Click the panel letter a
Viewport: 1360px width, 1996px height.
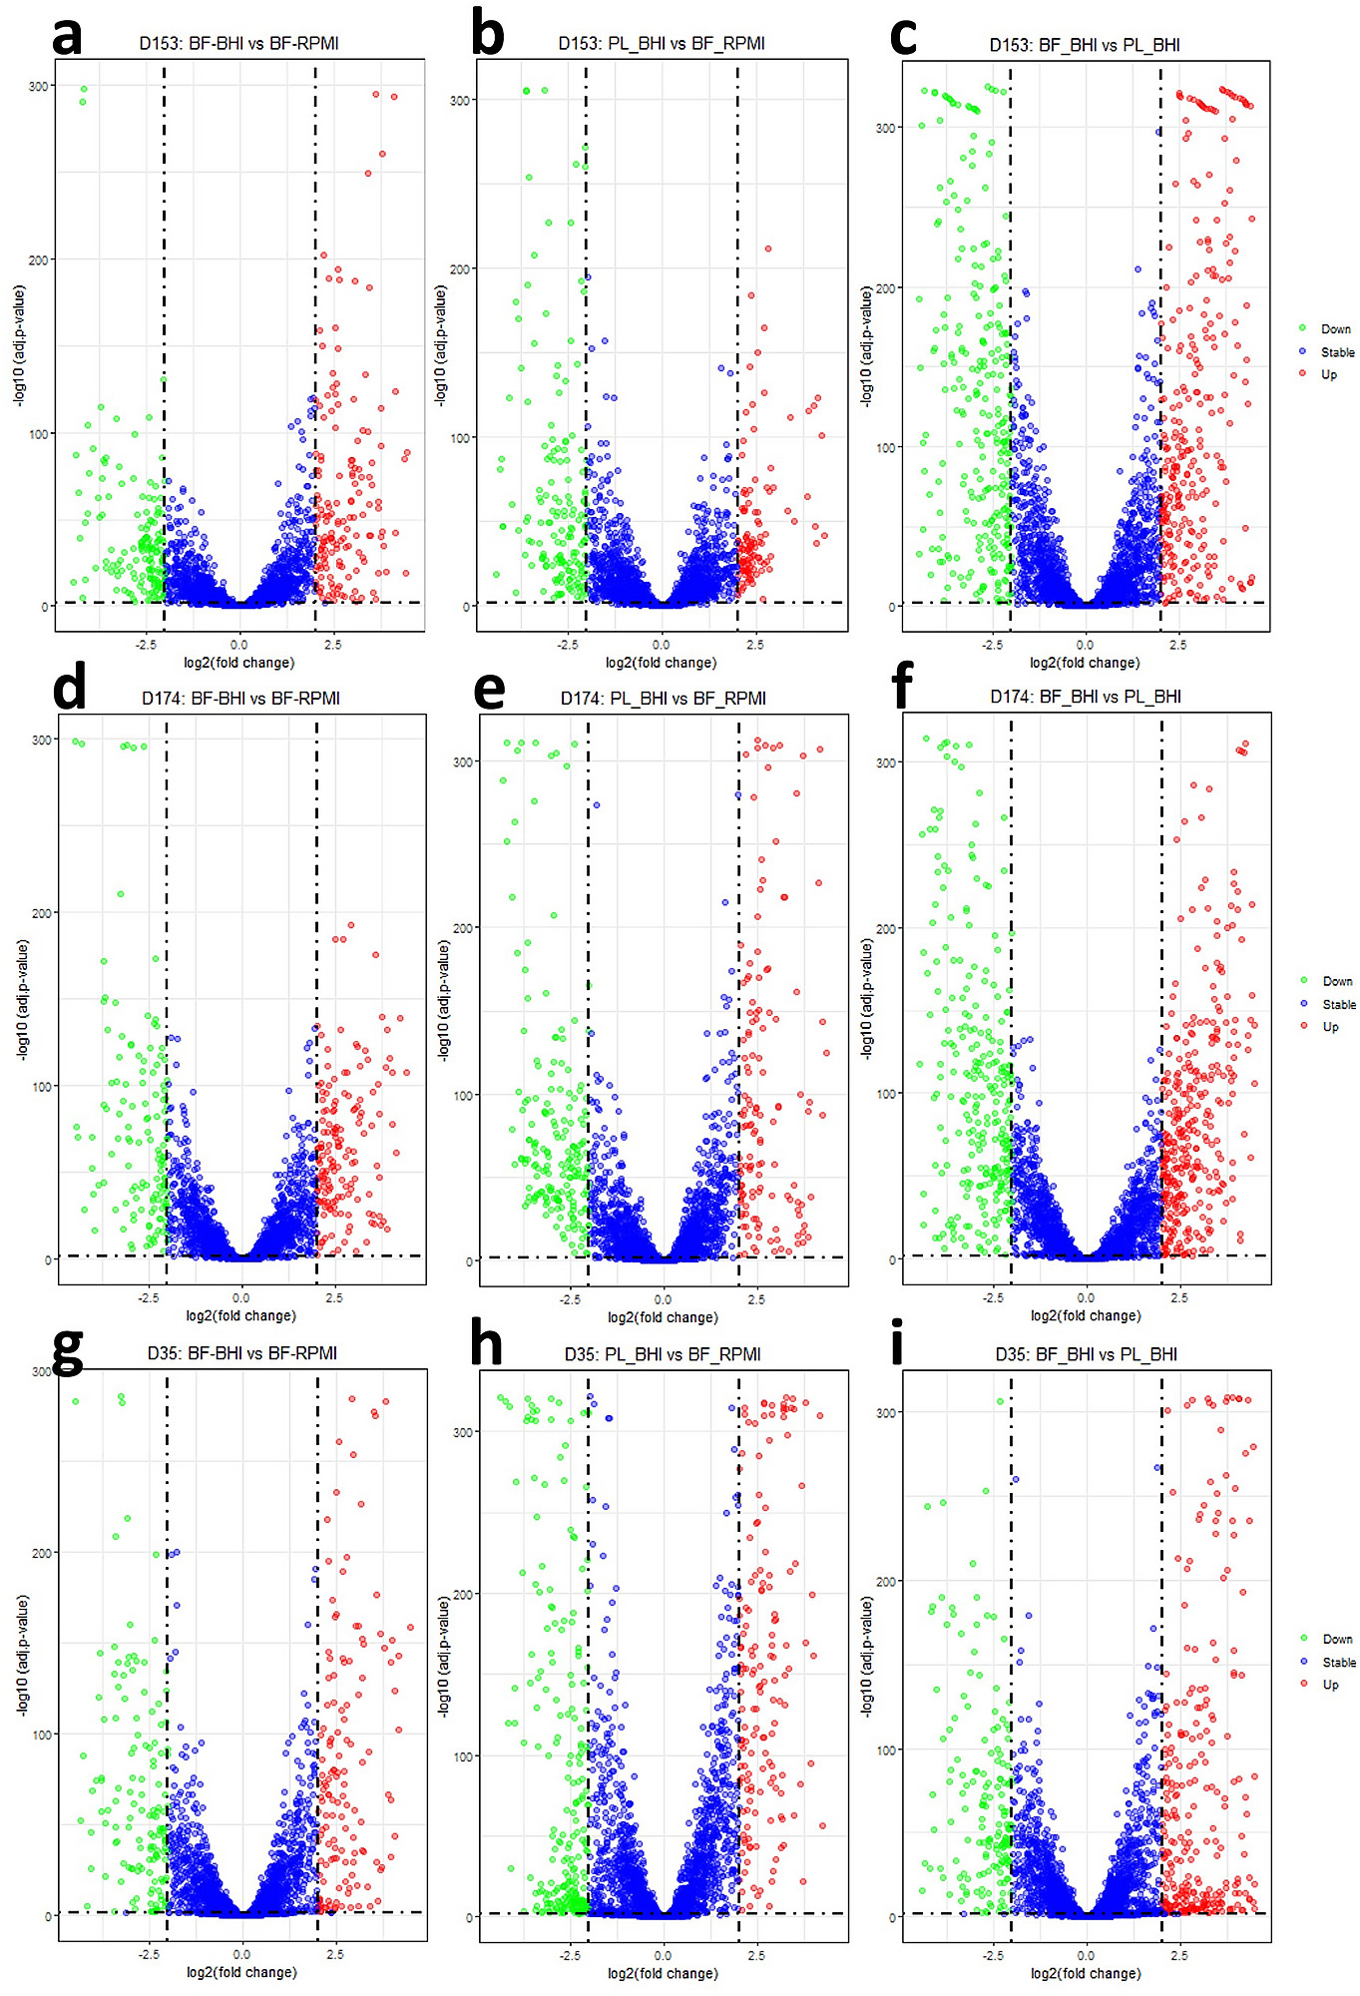[67, 37]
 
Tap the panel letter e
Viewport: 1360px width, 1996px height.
[489, 690]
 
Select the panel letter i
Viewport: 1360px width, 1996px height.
[897, 1343]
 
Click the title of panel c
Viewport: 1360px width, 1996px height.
[1084, 45]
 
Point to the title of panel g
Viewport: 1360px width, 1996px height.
[242, 1353]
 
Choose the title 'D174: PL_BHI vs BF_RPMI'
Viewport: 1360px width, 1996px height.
[663, 698]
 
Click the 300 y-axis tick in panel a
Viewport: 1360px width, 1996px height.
[39, 87]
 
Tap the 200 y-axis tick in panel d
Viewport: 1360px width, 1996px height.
[41, 913]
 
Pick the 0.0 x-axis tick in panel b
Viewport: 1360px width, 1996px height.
[662, 645]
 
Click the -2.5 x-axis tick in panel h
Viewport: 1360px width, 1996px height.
[569, 1955]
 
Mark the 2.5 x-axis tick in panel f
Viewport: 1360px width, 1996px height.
[1179, 1298]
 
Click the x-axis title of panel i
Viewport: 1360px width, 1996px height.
[1086, 1973]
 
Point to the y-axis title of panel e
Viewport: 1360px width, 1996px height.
[443, 1000]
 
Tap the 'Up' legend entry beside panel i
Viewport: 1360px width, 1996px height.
[1330, 1685]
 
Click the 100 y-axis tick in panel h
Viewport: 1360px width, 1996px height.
[463, 1757]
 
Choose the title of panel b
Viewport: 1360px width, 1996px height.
[662, 44]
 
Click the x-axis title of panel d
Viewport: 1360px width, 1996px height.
[240, 1316]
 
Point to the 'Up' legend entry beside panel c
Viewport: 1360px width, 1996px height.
[1328, 375]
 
